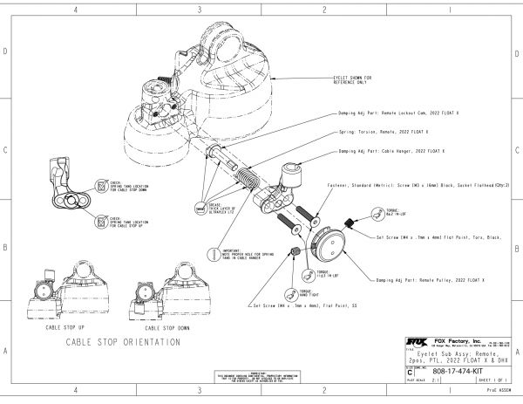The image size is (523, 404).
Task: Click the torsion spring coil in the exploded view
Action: [x=247, y=184]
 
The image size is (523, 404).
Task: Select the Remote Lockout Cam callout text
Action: [x=400, y=114]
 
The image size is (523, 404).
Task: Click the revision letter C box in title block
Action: [x=411, y=370]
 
